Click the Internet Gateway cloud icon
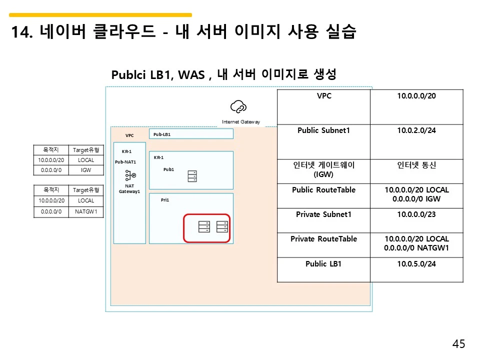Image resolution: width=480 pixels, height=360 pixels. click(x=238, y=106)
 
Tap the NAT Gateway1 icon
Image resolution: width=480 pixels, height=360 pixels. click(x=130, y=175)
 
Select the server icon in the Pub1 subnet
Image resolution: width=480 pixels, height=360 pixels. click(x=192, y=176)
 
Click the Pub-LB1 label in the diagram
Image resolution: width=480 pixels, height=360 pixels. click(x=162, y=134)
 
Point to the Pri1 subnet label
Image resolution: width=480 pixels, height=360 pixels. click(x=165, y=199)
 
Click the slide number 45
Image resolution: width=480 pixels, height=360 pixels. click(x=458, y=344)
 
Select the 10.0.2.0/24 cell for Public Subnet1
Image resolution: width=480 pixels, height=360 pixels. click(x=416, y=130)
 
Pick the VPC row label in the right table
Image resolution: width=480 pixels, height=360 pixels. click(x=324, y=96)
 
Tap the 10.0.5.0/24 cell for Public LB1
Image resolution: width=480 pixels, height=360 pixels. click(x=416, y=263)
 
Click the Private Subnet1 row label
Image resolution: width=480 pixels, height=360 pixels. click(x=324, y=214)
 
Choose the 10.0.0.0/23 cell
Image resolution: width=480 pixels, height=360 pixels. click(x=416, y=214)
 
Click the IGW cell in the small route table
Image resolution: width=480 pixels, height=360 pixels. click(x=86, y=170)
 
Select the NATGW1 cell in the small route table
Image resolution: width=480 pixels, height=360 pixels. click(x=86, y=211)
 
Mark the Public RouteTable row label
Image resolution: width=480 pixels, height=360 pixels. click(x=324, y=190)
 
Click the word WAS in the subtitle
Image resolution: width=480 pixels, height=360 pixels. click(x=191, y=75)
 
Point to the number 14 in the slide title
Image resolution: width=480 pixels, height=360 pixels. click(x=18, y=32)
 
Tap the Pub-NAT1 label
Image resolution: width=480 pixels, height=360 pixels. click(x=125, y=161)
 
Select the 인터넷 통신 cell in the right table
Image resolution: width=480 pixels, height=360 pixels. click(x=416, y=165)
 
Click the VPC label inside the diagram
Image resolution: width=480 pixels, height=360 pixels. click(x=129, y=135)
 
